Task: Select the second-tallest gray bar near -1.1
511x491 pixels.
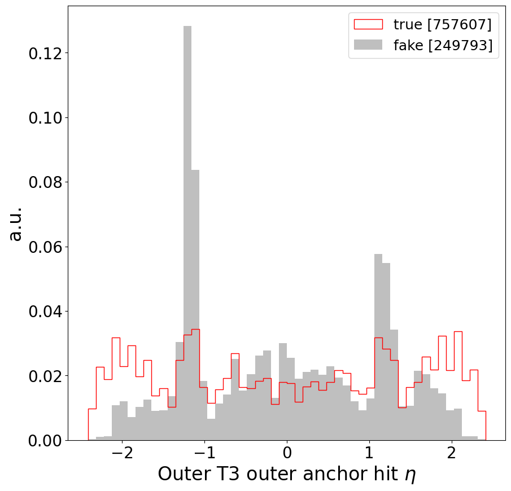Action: tap(195, 305)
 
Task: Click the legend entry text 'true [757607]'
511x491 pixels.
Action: tap(442, 24)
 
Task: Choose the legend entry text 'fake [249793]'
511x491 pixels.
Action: tap(443, 46)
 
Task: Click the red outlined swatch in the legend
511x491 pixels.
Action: tap(368, 24)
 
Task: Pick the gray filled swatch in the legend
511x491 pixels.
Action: tap(368, 46)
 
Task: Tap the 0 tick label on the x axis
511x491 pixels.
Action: tap(287, 455)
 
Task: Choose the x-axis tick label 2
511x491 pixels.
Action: tap(451, 455)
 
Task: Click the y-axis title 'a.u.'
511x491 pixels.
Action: tap(15, 223)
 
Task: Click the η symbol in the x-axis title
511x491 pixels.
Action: tap(410, 475)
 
